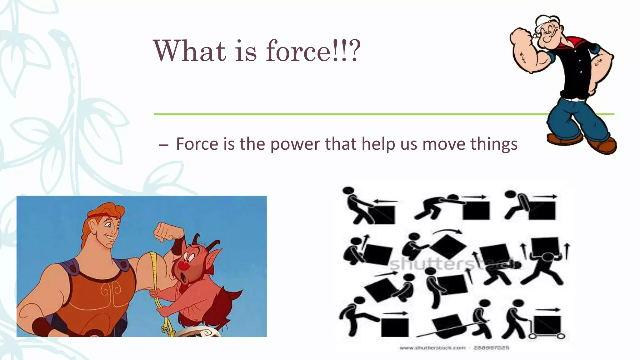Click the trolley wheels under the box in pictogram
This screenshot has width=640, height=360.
547,336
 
